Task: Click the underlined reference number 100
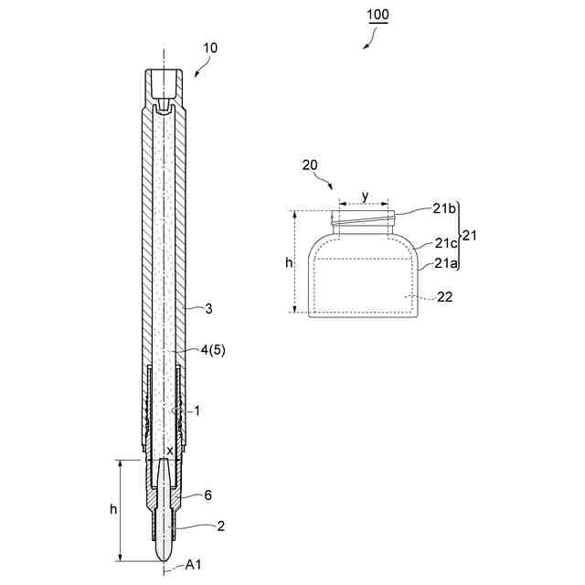click(x=378, y=15)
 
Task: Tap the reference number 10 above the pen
click(x=210, y=48)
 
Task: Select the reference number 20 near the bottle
click(x=310, y=165)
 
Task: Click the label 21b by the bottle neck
click(x=444, y=209)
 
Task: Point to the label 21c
click(x=446, y=243)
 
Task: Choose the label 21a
click(x=445, y=263)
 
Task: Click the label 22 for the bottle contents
click(x=445, y=297)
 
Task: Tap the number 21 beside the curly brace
click(x=469, y=236)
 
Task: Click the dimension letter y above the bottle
click(x=366, y=196)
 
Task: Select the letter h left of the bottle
click(x=289, y=262)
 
